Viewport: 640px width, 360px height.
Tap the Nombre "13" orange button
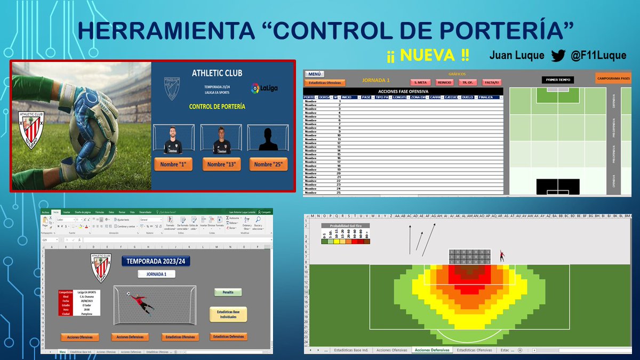click(221, 164)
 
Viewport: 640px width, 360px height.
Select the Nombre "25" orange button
click(270, 164)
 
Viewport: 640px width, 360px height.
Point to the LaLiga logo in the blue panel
click(265, 87)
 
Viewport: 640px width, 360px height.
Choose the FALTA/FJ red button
click(491, 82)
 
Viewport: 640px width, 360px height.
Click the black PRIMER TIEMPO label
click(558, 80)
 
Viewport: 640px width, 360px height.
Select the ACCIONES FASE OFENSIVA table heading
click(403, 91)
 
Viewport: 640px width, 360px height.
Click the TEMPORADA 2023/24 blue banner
click(156, 261)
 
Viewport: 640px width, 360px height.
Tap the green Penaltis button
click(228, 292)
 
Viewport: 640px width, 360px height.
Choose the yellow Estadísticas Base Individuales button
click(228, 314)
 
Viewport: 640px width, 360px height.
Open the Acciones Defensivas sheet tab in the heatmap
click(432, 350)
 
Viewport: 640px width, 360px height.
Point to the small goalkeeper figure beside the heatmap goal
click(502, 256)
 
